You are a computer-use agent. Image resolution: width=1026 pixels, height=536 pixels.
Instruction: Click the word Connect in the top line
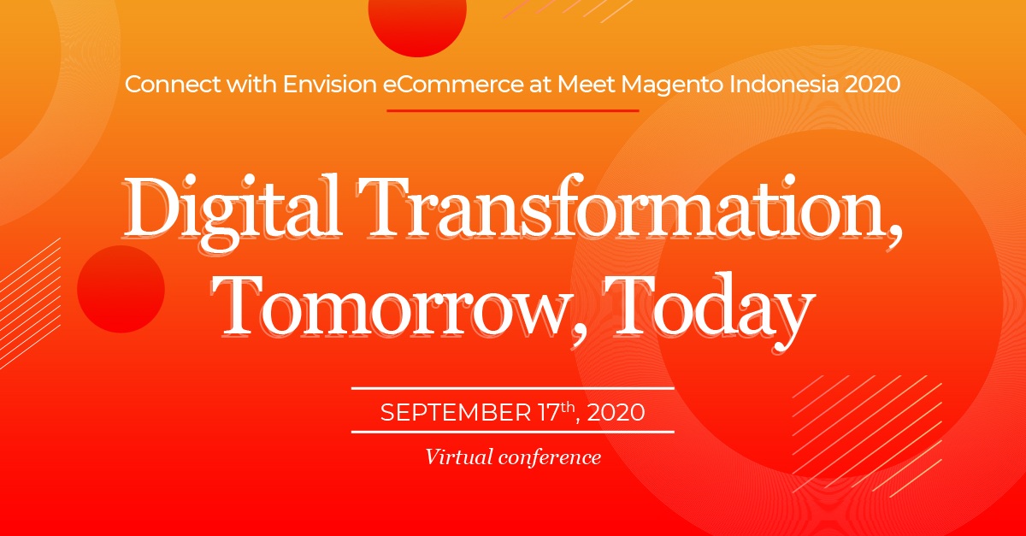[173, 85]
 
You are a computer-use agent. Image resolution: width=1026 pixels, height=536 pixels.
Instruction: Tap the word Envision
[329, 85]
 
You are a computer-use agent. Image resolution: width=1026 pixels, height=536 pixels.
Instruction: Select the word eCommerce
[452, 85]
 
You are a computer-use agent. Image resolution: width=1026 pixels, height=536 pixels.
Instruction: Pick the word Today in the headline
[709, 311]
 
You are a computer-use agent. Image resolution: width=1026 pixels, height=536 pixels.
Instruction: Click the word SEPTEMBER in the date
[455, 412]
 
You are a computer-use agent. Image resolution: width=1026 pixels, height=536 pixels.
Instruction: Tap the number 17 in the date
[549, 412]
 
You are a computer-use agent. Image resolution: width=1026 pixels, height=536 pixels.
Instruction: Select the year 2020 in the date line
[616, 412]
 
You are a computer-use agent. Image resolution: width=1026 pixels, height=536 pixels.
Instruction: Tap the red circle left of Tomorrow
[121, 289]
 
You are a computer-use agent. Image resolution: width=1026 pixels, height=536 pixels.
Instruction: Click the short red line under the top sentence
[512, 110]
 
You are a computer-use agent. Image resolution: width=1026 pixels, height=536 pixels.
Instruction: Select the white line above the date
[512, 388]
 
